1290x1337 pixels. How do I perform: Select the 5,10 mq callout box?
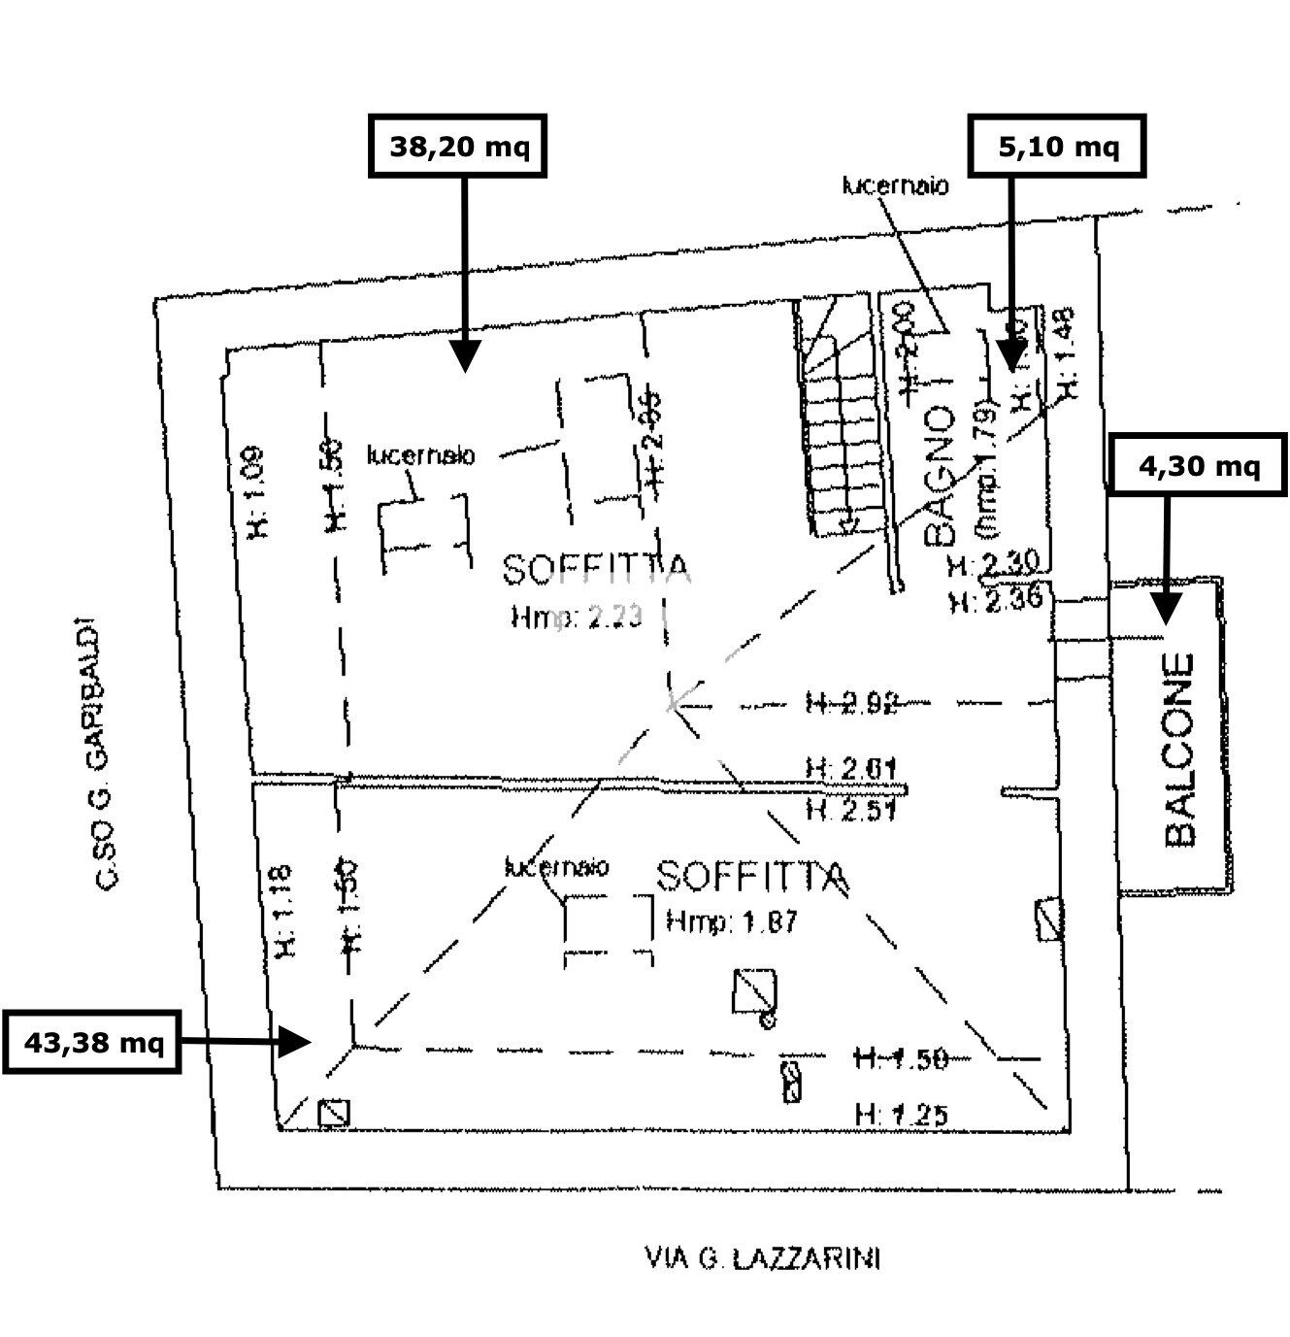[x=1057, y=146]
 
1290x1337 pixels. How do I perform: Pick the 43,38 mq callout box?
[x=92, y=1042]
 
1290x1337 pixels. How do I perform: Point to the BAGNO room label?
[x=940, y=475]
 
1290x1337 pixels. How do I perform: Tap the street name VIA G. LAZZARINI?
[x=762, y=1259]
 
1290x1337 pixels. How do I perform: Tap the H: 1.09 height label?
[x=255, y=491]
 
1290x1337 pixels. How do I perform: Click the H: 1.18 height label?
[x=282, y=910]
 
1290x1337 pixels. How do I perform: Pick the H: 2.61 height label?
[x=849, y=770]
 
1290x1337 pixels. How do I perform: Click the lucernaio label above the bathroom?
[x=895, y=184]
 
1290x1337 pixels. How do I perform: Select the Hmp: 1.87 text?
[x=732, y=920]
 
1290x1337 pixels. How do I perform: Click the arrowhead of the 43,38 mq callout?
[x=295, y=1042]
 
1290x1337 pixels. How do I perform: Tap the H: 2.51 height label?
[x=849, y=808]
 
